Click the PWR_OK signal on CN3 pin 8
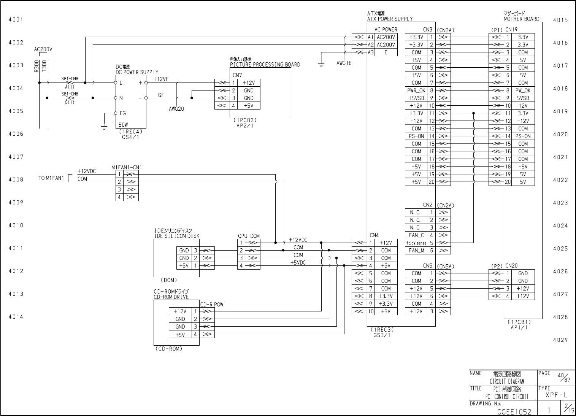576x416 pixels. click(x=416, y=91)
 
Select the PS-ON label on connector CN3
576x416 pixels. click(x=416, y=136)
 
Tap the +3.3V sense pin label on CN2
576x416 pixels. click(x=416, y=243)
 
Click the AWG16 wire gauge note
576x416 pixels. click(x=344, y=64)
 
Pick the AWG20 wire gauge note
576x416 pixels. click(x=176, y=109)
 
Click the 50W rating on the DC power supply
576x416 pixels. click(x=123, y=125)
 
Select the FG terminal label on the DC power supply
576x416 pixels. click(x=122, y=113)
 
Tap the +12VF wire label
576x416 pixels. click(x=161, y=79)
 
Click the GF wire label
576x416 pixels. click(x=161, y=95)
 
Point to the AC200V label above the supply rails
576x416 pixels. click(x=43, y=49)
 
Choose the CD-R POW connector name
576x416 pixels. click(x=212, y=304)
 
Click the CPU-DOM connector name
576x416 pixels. click(x=249, y=236)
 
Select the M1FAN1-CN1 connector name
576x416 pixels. click(x=127, y=167)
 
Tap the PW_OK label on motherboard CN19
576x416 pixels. click(x=523, y=91)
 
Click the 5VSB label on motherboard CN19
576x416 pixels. click(x=523, y=98)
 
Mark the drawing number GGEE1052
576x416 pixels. click(x=514, y=411)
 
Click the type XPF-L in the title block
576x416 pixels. click(x=556, y=395)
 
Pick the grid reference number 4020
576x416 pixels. click(x=560, y=134)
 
